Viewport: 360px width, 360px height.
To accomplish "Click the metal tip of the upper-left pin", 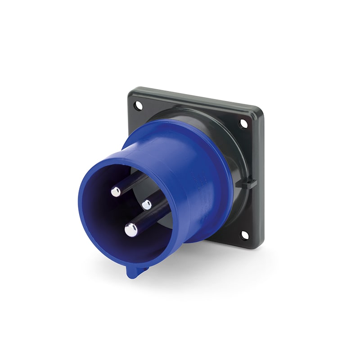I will [x=116, y=192].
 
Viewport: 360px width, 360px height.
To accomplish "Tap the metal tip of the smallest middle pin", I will [x=147, y=205].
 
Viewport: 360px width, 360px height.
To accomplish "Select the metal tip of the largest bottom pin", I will [x=131, y=230].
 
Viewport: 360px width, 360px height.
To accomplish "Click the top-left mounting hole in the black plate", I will [x=139, y=106].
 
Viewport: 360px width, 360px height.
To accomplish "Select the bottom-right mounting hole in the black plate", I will [x=244, y=235].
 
